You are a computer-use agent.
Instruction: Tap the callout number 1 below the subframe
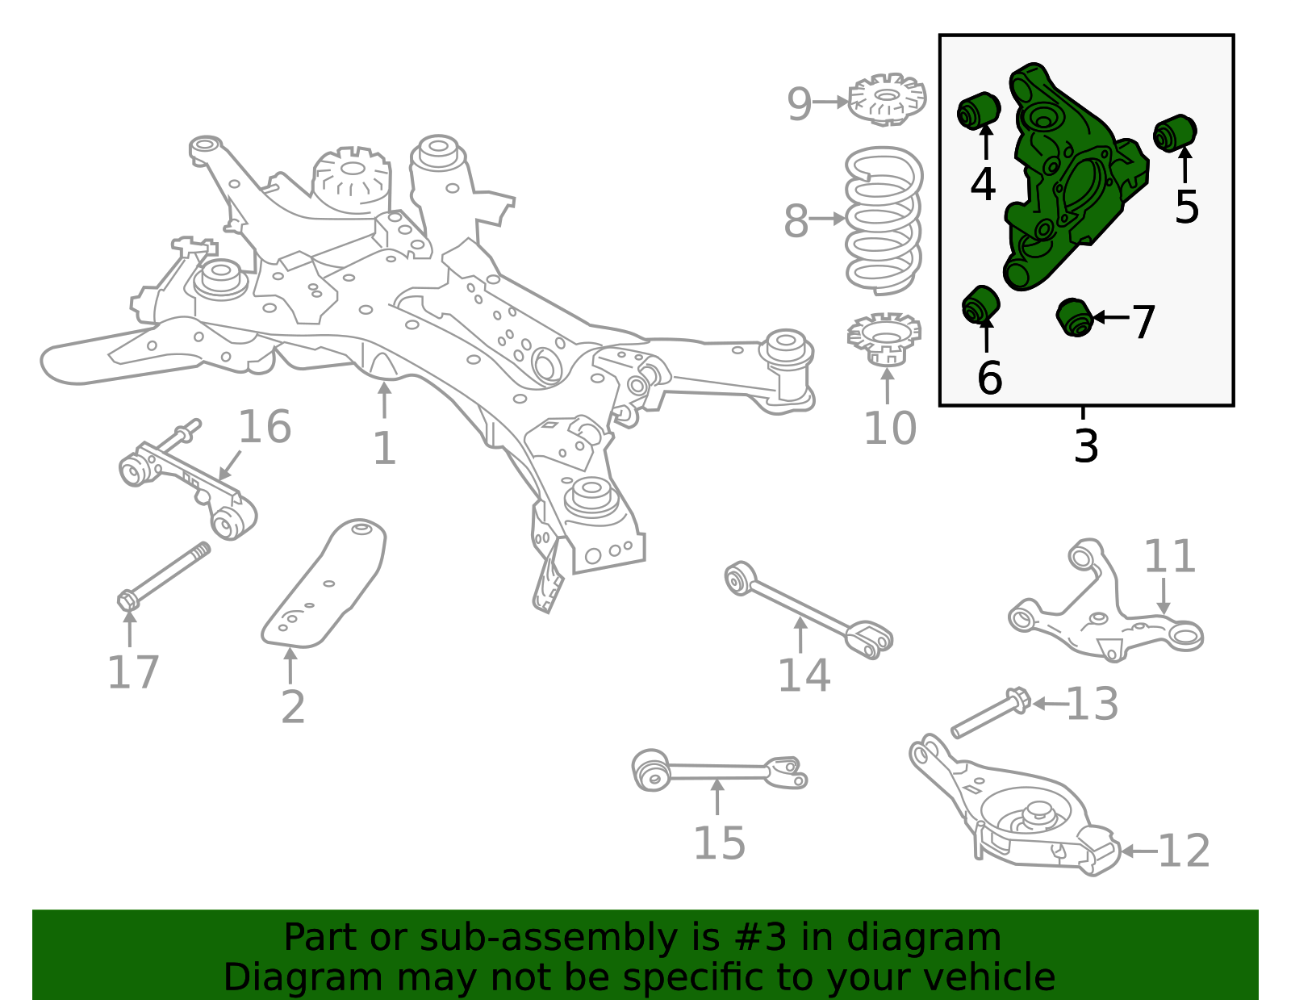[384, 448]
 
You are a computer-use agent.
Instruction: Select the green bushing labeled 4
[979, 111]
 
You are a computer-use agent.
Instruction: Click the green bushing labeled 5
[1175, 133]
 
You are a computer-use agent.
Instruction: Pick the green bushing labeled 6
[981, 305]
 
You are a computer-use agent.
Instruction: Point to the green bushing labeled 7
[1076, 318]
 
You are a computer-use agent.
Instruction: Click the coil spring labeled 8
[884, 220]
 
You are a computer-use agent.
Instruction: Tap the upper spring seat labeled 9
[887, 99]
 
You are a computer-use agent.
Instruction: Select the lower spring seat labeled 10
[884, 339]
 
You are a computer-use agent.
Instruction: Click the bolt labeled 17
[164, 576]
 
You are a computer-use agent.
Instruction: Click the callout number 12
[1184, 851]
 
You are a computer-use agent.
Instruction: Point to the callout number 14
[804, 675]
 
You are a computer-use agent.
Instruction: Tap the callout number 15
[720, 843]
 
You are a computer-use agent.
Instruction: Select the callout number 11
[1169, 556]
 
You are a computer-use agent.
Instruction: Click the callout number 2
[293, 707]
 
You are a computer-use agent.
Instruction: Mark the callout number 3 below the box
[1086, 445]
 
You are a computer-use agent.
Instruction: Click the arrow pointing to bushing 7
[1111, 317]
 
